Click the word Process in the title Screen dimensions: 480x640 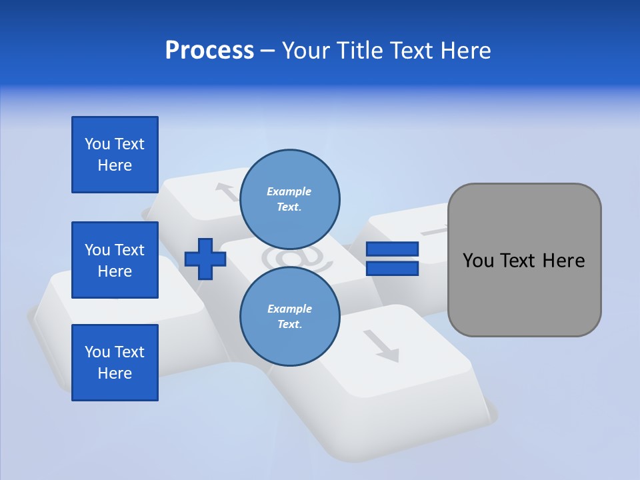pos(209,51)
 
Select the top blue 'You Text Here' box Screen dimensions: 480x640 pos(115,155)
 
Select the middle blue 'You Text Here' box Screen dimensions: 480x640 pos(115,260)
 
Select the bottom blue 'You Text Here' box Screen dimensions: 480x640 pos(115,363)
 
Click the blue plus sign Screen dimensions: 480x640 pos(205,258)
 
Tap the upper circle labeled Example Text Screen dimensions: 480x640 pos(289,199)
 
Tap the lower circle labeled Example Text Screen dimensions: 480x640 pos(289,317)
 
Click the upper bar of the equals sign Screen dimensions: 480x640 pos(392,249)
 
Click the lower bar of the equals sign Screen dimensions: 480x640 pos(392,269)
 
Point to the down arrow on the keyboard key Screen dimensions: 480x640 pos(383,345)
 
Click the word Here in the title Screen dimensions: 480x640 pos(467,51)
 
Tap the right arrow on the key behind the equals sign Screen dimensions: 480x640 pos(437,231)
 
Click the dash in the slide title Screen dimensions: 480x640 pos(267,51)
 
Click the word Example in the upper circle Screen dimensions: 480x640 pos(289,191)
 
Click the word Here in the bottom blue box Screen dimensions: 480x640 pos(115,373)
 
